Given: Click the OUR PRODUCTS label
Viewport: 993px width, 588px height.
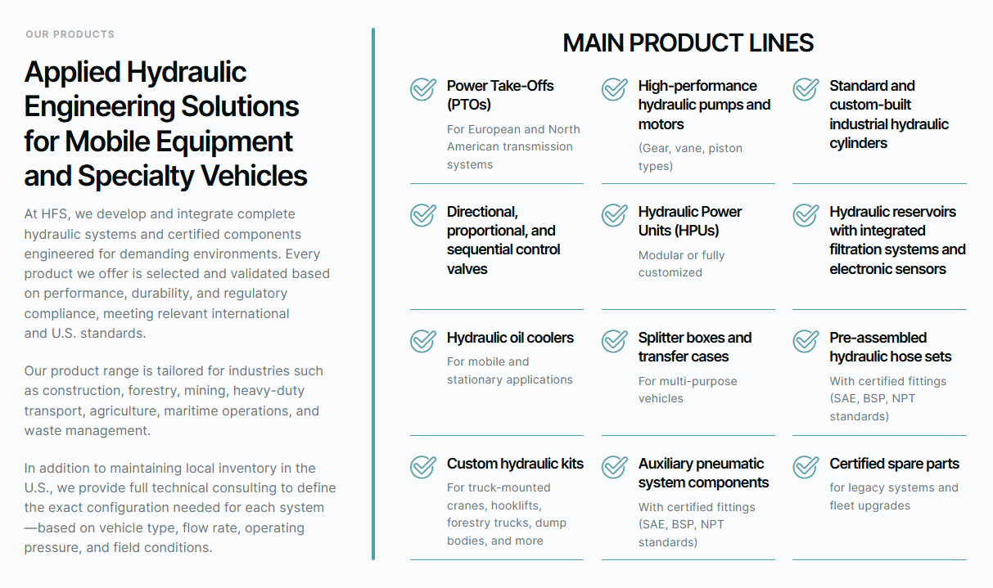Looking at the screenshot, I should (x=70, y=34).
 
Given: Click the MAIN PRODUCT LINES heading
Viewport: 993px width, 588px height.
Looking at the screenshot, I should (x=688, y=43).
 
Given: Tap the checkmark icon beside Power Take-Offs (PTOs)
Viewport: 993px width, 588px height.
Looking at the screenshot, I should (x=422, y=89).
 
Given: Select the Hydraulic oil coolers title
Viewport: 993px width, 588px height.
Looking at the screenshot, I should (x=510, y=338).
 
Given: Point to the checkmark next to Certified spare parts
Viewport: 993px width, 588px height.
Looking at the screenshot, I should (x=806, y=467).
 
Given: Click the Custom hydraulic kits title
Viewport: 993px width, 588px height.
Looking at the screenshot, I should (x=515, y=464).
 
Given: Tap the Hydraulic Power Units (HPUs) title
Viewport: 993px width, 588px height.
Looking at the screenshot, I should (x=689, y=221).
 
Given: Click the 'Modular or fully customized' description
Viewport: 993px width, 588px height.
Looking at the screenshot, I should (x=681, y=263).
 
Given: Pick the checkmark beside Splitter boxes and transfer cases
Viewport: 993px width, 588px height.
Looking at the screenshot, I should (x=614, y=341).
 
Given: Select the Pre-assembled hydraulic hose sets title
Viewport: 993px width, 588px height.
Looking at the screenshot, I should (x=890, y=347).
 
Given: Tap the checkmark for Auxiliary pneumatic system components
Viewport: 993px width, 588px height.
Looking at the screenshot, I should (x=614, y=467).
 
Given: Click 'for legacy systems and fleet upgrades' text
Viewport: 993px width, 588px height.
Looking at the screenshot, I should (x=893, y=496).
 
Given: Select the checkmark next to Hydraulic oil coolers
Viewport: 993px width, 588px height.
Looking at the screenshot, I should (x=422, y=341).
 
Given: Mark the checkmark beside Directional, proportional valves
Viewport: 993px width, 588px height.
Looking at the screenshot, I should (x=422, y=215).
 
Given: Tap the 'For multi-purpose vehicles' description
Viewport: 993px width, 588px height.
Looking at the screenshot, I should (x=687, y=389).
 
